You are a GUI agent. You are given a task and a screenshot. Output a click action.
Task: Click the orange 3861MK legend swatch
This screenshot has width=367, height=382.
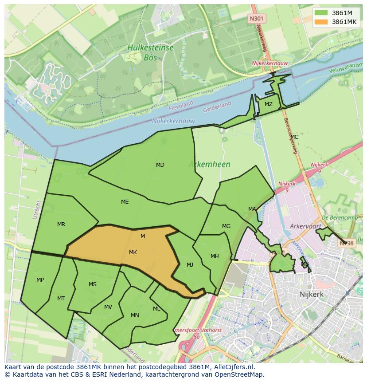click(322, 22)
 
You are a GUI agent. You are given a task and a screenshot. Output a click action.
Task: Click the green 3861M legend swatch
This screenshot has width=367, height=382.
click(322, 13)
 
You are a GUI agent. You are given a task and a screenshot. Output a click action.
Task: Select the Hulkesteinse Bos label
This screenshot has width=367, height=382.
click(150, 52)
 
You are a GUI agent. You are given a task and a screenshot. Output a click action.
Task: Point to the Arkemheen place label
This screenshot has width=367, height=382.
click(210, 164)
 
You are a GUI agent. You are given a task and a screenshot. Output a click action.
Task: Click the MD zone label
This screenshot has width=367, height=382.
click(160, 165)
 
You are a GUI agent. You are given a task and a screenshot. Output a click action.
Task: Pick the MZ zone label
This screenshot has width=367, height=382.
click(268, 104)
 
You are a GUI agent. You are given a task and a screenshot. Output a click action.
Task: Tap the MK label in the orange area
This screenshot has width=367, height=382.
click(133, 252)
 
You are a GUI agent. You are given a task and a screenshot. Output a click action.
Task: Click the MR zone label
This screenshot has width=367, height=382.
click(61, 224)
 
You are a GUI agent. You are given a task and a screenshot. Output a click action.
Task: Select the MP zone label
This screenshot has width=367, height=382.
click(40, 280)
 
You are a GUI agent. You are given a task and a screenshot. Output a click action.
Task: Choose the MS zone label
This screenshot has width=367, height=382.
click(92, 284)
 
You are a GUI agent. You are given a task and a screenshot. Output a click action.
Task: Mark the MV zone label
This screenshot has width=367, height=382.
click(108, 307)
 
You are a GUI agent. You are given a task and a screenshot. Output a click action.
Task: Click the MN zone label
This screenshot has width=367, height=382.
click(135, 315)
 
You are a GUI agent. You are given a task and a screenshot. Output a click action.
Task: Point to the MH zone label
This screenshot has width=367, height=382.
click(215, 256)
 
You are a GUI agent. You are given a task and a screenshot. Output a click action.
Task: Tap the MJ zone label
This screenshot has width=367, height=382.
click(190, 265)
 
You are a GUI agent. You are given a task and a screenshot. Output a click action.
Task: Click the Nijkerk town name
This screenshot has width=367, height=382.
click(311, 294)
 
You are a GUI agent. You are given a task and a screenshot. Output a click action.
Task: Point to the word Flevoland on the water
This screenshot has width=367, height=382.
click(181, 104)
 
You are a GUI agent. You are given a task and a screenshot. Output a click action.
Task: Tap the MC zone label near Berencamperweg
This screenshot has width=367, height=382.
click(294, 137)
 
